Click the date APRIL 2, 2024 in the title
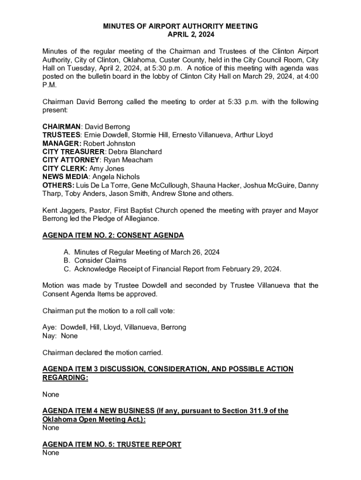click(180, 35)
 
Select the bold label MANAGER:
click(62, 143)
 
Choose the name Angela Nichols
click(116, 177)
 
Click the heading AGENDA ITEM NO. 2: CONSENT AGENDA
click(113, 235)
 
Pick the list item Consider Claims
click(100, 260)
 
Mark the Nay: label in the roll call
click(50, 336)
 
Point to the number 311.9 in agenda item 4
click(258, 411)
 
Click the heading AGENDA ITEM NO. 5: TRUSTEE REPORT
click(112, 444)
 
